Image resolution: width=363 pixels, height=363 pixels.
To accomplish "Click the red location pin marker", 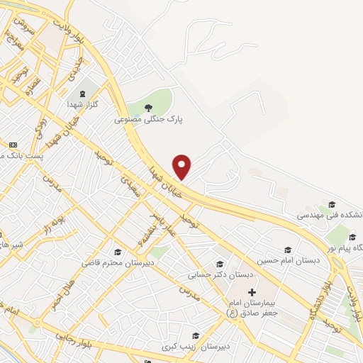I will click(x=182, y=167).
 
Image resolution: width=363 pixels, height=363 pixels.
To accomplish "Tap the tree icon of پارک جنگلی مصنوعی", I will click(x=148, y=108).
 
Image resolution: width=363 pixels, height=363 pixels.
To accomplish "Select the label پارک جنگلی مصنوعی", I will click(x=148, y=120).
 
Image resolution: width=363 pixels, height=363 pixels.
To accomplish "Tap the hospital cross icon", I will click(x=251, y=292).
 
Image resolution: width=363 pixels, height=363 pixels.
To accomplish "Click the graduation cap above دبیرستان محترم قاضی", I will click(x=118, y=252).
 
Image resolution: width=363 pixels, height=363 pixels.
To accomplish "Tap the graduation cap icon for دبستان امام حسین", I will click(x=288, y=250).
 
